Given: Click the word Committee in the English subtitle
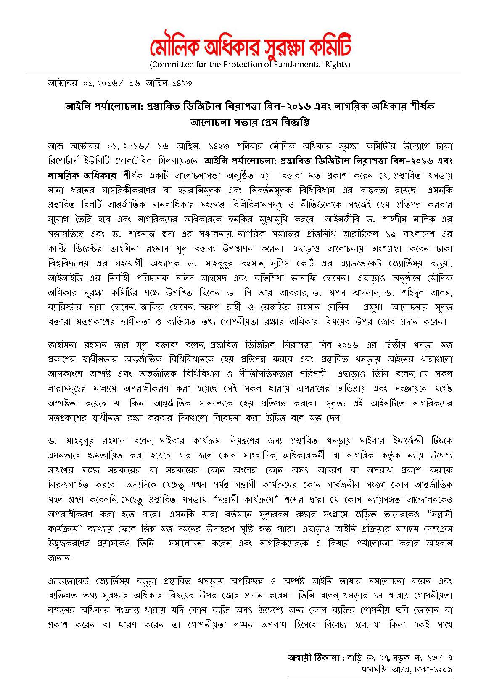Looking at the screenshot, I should point(172,65).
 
